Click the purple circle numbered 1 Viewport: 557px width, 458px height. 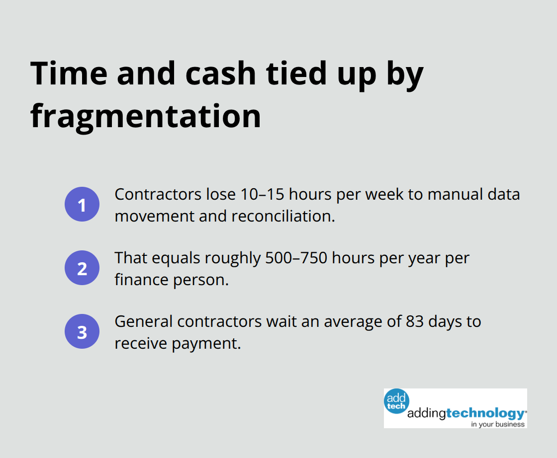tap(82, 204)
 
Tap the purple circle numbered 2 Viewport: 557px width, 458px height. tap(82, 268)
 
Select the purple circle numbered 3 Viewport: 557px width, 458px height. tap(82, 331)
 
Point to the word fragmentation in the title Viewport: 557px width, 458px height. tap(146, 117)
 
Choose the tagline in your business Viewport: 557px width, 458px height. tap(498, 424)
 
